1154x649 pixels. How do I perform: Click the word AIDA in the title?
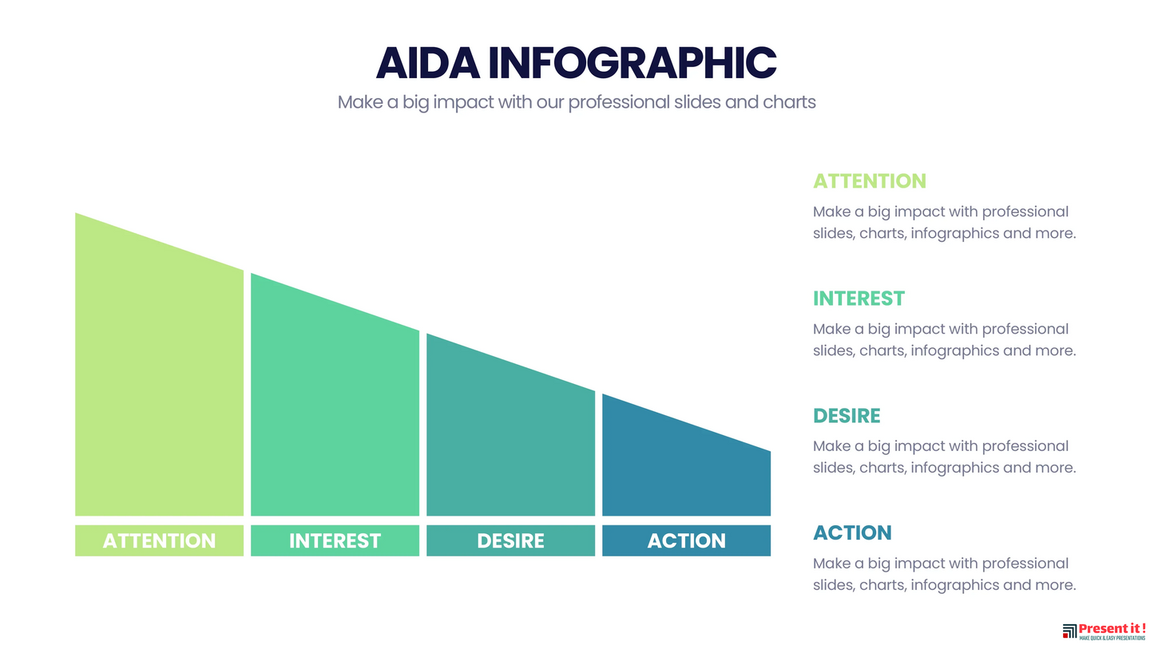point(427,63)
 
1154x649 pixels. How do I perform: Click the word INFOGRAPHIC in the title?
point(633,63)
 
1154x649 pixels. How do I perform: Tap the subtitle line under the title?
point(577,102)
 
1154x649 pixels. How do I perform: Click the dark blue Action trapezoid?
point(686,464)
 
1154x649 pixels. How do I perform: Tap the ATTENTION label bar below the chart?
point(159,540)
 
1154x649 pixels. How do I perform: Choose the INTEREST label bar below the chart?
point(335,540)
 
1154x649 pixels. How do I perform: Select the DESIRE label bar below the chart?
point(510,540)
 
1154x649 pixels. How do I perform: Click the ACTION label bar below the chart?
point(686,540)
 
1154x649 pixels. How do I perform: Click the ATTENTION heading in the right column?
point(870,181)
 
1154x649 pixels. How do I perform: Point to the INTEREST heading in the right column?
point(859,299)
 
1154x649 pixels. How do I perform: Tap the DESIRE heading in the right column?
point(847,416)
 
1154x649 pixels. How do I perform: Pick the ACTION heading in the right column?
point(852,532)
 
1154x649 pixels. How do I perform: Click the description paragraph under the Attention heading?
point(944,223)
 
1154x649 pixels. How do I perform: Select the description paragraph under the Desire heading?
point(944,457)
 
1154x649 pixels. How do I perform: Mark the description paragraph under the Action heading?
point(944,574)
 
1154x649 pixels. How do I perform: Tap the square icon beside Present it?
point(1069,631)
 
